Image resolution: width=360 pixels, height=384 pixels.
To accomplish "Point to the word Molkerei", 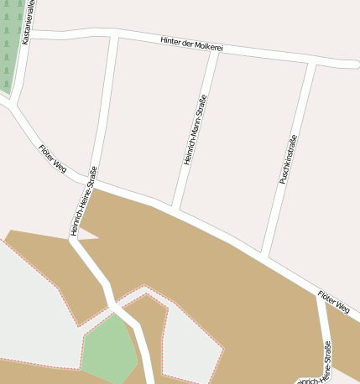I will (x=209, y=48).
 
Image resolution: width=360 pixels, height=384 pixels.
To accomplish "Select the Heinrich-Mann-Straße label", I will (x=195, y=129).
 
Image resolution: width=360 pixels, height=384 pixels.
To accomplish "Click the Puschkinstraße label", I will (x=289, y=158).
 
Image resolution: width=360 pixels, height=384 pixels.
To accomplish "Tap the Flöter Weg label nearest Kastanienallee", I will (x=52, y=158).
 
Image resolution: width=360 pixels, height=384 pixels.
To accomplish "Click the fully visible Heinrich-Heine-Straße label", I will (x=84, y=201).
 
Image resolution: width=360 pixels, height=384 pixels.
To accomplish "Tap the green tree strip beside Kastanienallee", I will (x=8, y=46).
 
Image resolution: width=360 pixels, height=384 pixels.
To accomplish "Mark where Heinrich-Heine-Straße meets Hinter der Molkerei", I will (x=114, y=38).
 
